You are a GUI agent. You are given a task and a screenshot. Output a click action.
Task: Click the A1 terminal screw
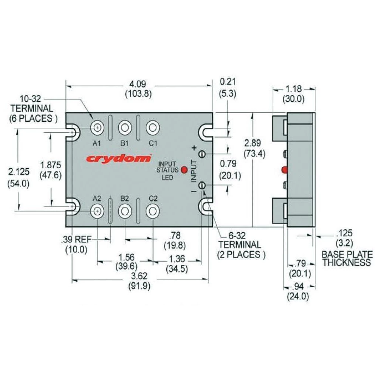tap(98, 128)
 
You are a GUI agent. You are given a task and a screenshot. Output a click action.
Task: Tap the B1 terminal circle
tap(124, 128)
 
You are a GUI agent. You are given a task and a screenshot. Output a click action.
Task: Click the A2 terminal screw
tap(98, 211)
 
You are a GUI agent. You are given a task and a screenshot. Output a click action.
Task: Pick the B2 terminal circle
tap(124, 211)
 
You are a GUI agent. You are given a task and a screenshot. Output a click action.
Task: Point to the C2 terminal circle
tap(152, 211)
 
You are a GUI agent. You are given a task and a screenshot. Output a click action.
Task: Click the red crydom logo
tap(118, 158)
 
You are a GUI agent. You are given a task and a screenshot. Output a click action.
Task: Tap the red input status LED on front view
tap(184, 170)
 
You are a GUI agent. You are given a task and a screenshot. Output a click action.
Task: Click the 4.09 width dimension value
tap(138, 84)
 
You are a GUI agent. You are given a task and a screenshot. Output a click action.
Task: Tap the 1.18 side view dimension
tap(294, 89)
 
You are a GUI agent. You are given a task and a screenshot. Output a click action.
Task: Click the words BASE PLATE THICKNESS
tap(346, 259)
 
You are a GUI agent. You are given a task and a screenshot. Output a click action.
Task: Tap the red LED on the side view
tap(284, 170)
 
